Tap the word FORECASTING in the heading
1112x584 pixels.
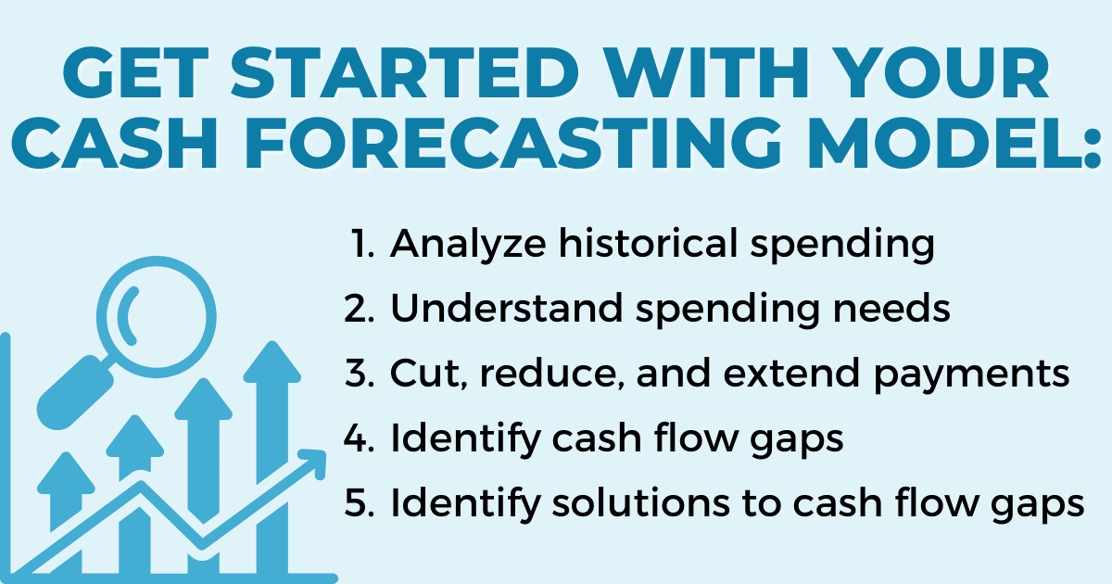pyautogui.click(x=513, y=144)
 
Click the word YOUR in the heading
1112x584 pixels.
pyautogui.click(x=944, y=73)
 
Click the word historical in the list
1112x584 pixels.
pyautogui.click(x=649, y=243)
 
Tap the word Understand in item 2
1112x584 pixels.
pyautogui.click(x=506, y=308)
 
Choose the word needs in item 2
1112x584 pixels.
pyautogui.click(x=891, y=308)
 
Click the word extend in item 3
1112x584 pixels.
pyautogui.click(x=791, y=373)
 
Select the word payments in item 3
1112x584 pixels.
pyautogui.click(x=971, y=375)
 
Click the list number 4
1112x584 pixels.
pyautogui.click(x=359, y=438)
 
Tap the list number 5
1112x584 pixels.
pyautogui.click(x=359, y=503)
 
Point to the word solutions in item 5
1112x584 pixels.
pyautogui.click(x=640, y=502)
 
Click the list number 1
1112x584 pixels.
pyautogui.click(x=362, y=243)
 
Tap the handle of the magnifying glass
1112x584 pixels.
pyautogui.click(x=75, y=392)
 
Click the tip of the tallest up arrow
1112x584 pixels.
pyautogui.click(x=272, y=342)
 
